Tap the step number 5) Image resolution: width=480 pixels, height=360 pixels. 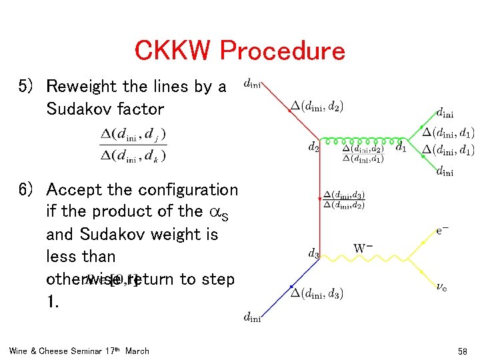[29, 87]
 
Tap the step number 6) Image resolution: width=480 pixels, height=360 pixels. [29, 190]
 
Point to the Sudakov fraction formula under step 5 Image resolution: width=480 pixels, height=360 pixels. [133, 145]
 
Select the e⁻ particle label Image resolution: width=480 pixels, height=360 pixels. [443, 230]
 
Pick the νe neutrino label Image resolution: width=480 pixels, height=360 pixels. [442, 286]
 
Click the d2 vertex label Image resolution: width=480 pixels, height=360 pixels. [313, 147]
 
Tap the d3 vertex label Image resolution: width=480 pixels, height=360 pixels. [313, 253]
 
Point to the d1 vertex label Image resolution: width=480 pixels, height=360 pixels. [401, 147]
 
